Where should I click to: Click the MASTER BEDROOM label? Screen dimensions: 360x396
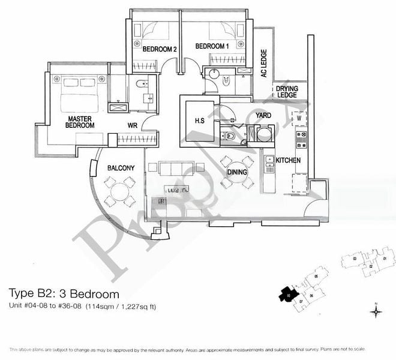(79, 122)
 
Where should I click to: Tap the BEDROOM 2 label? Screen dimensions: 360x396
(159, 50)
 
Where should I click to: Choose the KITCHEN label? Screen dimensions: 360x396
(288, 160)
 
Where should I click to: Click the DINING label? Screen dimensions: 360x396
(237, 172)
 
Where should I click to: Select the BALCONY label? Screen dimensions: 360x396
(121, 168)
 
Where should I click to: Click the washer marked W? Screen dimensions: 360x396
(298, 118)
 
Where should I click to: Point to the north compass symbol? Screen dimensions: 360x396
(376, 311)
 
